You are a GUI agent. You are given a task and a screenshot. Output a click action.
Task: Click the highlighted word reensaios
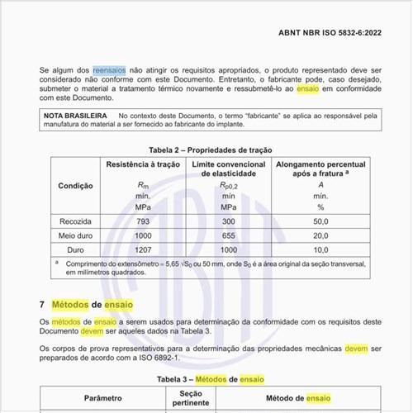(109, 72)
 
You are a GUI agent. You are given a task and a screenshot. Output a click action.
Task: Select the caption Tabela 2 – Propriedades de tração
(210, 150)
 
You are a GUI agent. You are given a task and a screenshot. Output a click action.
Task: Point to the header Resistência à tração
(143, 165)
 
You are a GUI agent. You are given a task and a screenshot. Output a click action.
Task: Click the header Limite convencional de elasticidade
(229, 170)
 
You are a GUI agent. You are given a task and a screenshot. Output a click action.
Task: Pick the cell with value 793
(143, 221)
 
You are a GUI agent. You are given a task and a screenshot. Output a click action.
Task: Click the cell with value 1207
(143, 249)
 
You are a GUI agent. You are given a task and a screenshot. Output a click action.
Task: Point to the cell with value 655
(229, 235)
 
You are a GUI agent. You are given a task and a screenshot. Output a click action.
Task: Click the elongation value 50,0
(320, 221)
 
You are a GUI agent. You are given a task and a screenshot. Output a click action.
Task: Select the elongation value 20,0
(320, 235)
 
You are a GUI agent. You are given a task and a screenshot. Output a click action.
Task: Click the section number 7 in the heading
(42, 305)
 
